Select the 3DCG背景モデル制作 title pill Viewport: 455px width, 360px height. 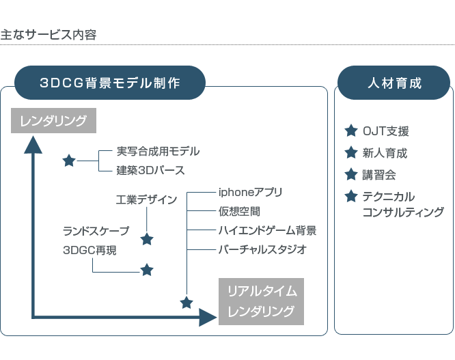coord(110,83)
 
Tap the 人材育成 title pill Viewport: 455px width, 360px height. coord(394,83)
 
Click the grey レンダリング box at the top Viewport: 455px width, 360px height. coord(53,121)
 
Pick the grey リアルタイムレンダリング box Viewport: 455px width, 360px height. coord(262,301)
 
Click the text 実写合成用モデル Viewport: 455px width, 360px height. coord(158,152)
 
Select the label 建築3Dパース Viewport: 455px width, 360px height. coord(150,170)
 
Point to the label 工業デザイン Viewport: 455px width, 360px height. coord(147,199)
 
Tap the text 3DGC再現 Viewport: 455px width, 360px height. coord(89,250)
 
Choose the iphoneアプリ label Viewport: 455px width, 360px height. coord(250,193)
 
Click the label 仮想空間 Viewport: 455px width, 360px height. coord(239,211)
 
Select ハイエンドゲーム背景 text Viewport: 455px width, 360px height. coord(267,230)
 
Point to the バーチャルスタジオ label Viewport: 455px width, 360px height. coord(262,249)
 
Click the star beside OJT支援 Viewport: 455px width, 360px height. coord(351,130)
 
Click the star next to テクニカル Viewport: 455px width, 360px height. coord(351,196)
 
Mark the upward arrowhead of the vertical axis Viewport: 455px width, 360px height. coord(33,144)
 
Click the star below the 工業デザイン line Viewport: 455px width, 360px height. coord(147,239)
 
